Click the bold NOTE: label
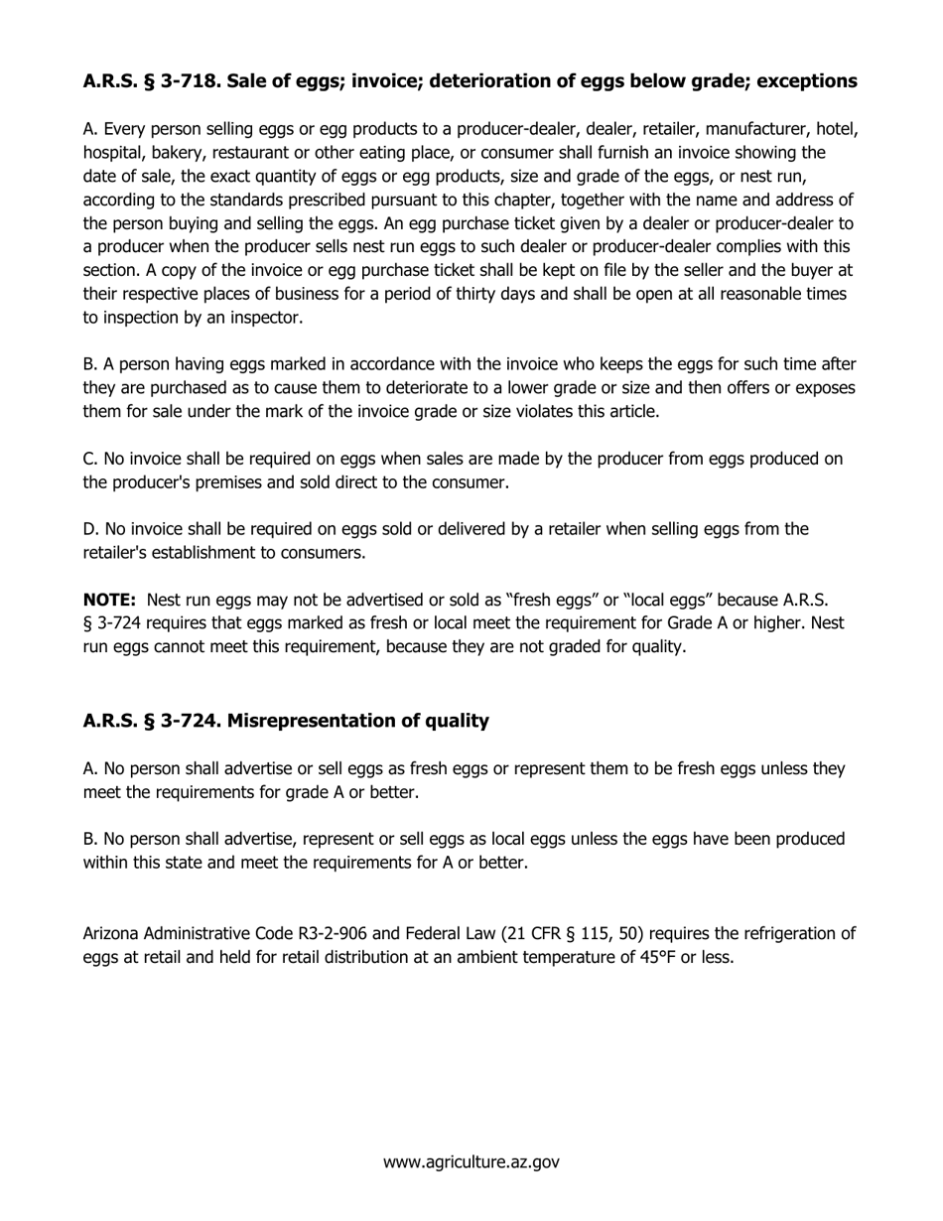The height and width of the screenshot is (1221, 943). (x=109, y=601)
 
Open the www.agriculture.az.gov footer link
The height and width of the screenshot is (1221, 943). (x=471, y=1161)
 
